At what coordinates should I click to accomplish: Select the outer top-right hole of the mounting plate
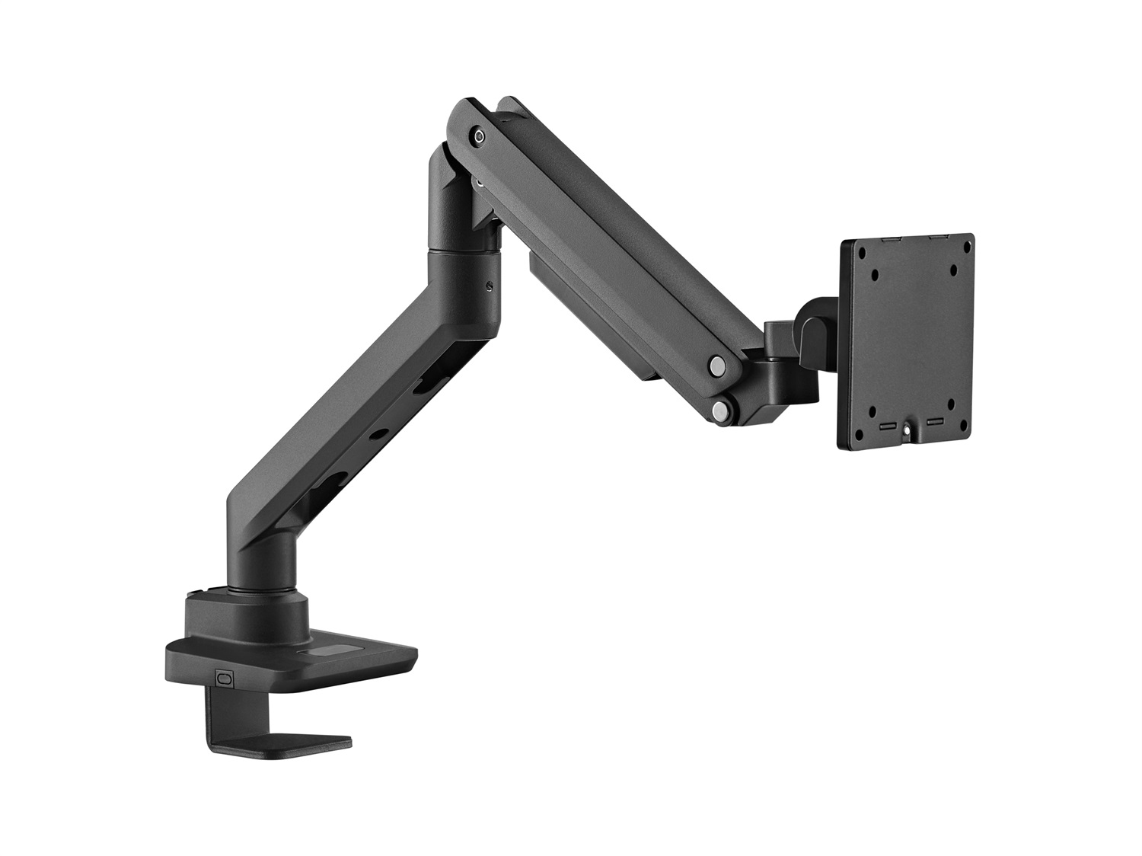(965, 248)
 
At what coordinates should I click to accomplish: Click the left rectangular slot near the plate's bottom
(885, 426)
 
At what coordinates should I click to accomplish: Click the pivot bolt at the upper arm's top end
(477, 136)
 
